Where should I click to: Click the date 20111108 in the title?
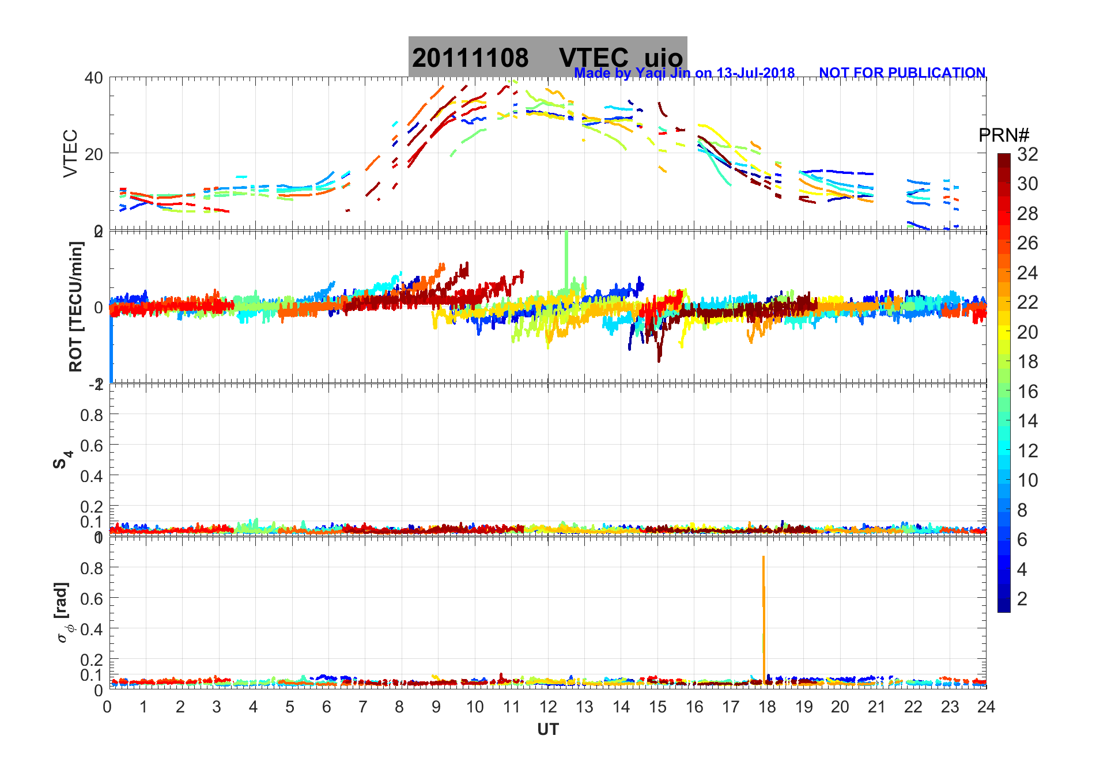click(470, 58)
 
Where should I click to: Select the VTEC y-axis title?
click(70, 153)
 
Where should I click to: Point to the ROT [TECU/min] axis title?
click(75, 306)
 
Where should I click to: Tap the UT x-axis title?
click(547, 730)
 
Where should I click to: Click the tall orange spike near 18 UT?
click(764, 616)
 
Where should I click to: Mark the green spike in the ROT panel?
click(566, 259)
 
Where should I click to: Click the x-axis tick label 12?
click(547, 707)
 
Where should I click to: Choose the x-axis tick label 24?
click(985, 707)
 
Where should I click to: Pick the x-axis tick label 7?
click(363, 707)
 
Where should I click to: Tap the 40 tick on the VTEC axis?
click(94, 78)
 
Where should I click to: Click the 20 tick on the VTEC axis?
click(94, 154)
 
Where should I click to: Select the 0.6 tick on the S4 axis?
click(92, 445)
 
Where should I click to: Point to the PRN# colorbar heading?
click(1004, 135)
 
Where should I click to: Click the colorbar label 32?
click(1027, 154)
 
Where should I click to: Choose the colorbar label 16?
click(1027, 392)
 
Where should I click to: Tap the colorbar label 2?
click(1022, 599)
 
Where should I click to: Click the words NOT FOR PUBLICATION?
click(902, 73)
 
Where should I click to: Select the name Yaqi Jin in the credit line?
click(663, 73)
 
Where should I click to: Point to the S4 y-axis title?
click(62, 459)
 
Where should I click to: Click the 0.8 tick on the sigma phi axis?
click(92, 568)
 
